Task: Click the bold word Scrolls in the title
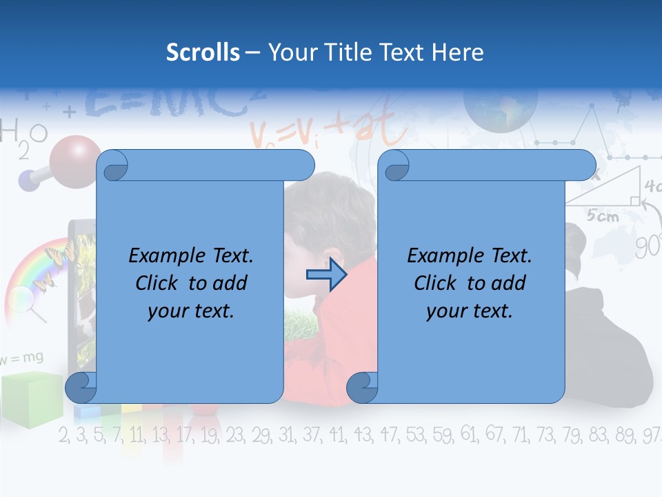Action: click(x=203, y=52)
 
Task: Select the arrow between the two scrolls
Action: click(x=326, y=275)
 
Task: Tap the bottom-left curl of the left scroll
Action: click(x=81, y=388)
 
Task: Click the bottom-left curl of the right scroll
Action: click(x=362, y=388)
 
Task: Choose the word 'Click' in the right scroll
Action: click(x=434, y=284)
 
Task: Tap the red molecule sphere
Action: click(x=74, y=162)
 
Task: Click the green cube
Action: click(x=31, y=398)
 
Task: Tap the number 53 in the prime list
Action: click(x=416, y=435)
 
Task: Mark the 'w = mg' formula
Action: click(x=23, y=358)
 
